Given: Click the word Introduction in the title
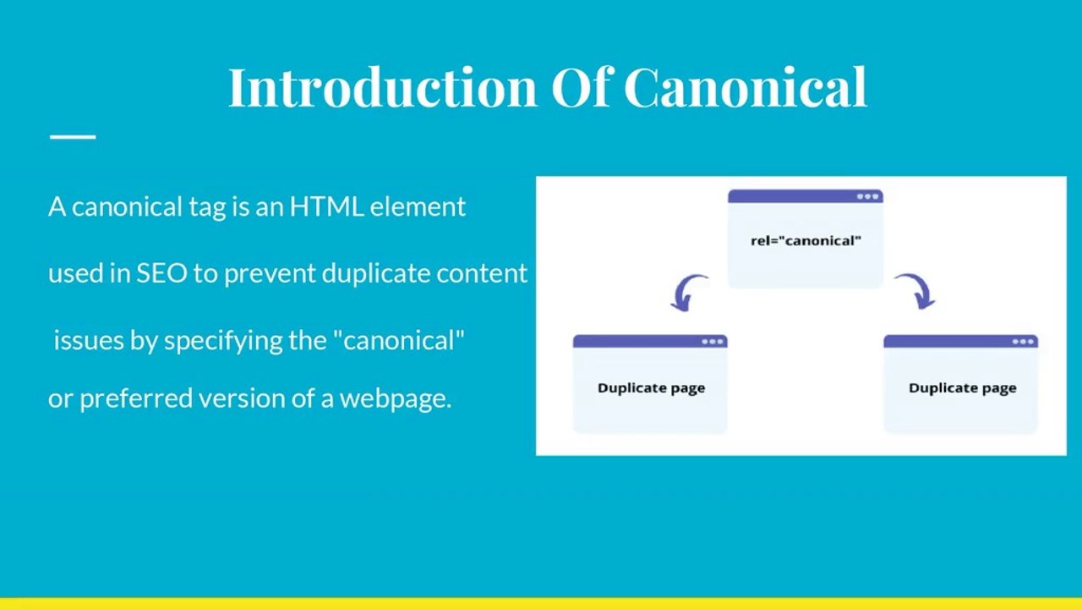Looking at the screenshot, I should coord(381,86).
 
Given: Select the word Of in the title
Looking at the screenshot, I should coord(581,86).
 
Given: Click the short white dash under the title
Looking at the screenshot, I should coord(73,135).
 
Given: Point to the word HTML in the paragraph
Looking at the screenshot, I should coord(327,206).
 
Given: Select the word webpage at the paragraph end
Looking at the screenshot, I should coord(395,398).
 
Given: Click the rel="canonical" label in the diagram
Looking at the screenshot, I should coord(806,240).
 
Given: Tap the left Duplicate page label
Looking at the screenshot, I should coord(651,387).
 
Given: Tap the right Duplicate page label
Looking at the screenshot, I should coord(962,387).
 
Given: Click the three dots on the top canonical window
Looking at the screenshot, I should coord(868,196).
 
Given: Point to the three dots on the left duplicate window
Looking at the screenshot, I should coord(713,342).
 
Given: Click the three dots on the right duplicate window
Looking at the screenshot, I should coord(1023,342).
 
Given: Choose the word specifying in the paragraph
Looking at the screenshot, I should coord(216,340).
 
